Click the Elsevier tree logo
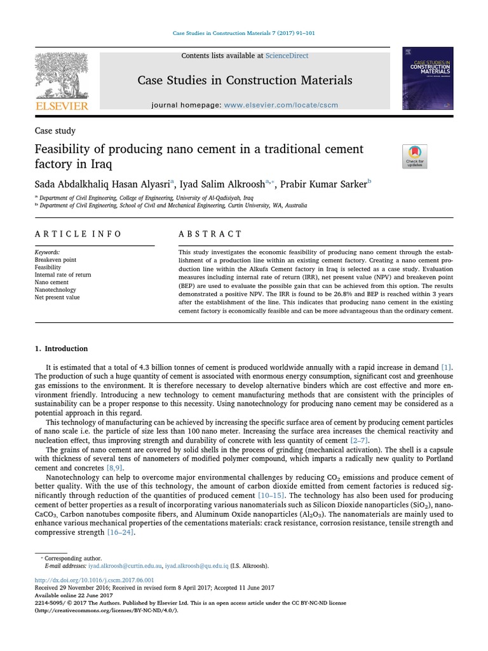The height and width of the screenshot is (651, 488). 62,74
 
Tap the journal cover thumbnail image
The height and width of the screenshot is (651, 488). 427,78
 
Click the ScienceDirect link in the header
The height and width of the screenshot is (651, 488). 287,56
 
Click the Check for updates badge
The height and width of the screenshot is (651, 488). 415,156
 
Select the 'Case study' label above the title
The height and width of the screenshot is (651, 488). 55,131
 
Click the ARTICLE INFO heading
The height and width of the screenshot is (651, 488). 78,234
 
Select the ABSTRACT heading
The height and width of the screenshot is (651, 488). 210,234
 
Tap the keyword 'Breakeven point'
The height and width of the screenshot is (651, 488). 55,260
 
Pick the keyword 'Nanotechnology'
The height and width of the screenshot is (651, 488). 56,289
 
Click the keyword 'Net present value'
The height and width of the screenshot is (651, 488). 57,297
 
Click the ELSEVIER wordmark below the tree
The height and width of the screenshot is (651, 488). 62,106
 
